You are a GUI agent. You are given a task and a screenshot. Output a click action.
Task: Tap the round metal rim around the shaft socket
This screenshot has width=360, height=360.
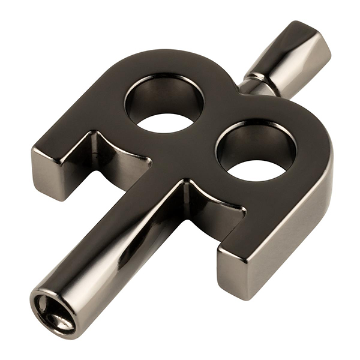point(42,300)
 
